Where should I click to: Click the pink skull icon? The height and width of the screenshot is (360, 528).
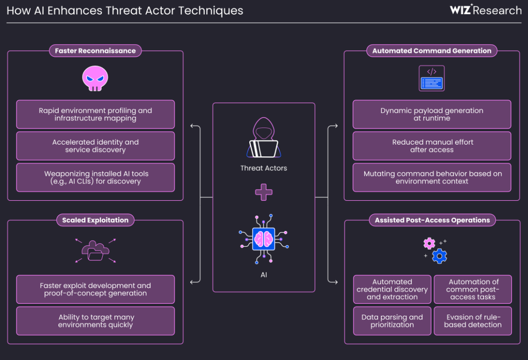point(95,79)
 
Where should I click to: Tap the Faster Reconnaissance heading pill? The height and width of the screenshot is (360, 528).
point(95,51)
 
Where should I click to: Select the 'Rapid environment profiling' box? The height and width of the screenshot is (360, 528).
point(95,114)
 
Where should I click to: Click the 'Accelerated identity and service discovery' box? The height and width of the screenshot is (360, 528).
point(95,146)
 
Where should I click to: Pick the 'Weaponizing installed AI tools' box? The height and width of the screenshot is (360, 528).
point(95,177)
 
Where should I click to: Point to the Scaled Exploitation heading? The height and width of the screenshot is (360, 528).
point(95,220)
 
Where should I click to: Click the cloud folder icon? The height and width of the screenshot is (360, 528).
point(95,251)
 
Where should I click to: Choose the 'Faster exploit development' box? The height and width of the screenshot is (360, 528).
point(95,289)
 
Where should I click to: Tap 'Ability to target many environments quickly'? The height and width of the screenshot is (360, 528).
point(95,321)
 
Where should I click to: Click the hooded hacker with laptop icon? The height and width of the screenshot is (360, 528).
point(264,138)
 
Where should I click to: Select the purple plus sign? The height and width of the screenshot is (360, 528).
point(264,192)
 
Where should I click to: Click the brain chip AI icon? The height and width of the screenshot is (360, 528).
point(264,239)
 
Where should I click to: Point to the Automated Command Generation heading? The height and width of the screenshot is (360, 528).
point(432,51)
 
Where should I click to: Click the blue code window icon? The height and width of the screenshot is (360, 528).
point(432,79)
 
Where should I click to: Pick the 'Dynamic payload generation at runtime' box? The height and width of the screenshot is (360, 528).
point(432,114)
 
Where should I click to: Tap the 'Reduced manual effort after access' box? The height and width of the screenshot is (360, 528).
point(432,146)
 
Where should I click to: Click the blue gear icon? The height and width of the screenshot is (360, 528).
point(440,255)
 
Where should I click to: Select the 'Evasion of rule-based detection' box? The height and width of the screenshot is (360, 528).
point(473,321)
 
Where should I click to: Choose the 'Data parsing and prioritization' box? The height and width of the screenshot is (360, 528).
point(392,321)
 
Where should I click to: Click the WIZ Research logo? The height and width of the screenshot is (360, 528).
point(485,10)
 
